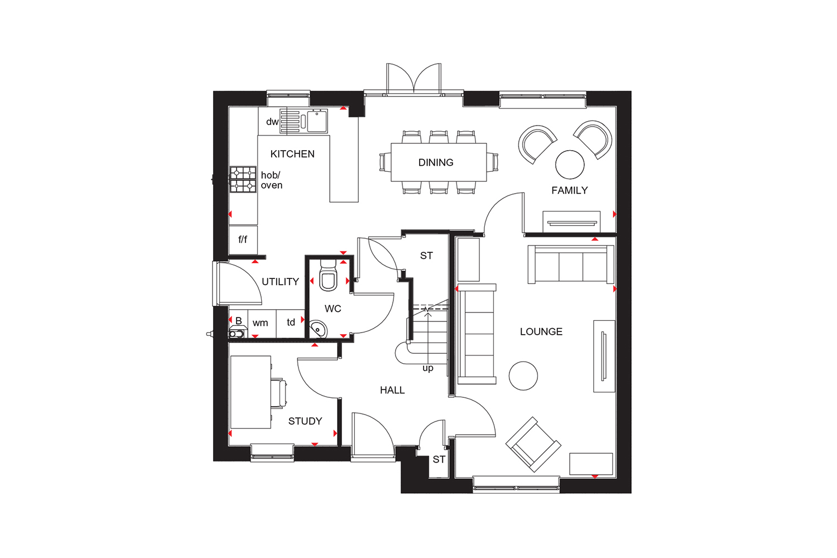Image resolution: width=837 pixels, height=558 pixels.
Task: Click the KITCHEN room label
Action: (292, 154)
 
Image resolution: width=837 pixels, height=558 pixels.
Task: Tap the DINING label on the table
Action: (436, 162)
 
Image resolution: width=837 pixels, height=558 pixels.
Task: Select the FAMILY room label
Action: (570, 191)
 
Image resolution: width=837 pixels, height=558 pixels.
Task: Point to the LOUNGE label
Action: (541, 331)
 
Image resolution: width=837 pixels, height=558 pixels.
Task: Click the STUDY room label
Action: (305, 421)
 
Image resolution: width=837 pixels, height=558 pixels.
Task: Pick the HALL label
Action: (392, 390)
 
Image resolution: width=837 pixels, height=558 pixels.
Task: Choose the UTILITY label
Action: (280, 282)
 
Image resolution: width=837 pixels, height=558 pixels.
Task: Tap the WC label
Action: (333, 309)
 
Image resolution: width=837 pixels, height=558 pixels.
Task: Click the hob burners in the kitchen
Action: (243, 180)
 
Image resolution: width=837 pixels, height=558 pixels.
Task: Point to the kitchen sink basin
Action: (317, 121)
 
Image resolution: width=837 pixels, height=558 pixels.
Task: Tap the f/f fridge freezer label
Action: (243, 239)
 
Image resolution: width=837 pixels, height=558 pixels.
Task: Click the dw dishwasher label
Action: (272, 122)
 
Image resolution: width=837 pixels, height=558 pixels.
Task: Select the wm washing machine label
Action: (260, 323)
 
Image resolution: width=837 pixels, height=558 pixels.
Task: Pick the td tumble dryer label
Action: (291, 322)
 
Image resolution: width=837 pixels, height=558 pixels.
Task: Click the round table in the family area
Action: (570, 165)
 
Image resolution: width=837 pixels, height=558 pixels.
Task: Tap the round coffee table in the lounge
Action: (523, 376)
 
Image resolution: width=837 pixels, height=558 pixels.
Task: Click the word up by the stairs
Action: (428, 368)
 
